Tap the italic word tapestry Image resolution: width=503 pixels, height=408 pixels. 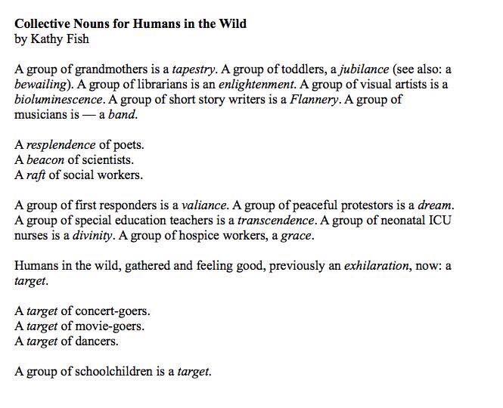(193, 69)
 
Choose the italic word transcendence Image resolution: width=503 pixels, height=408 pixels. (275, 221)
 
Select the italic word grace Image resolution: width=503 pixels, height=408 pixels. (296, 236)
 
